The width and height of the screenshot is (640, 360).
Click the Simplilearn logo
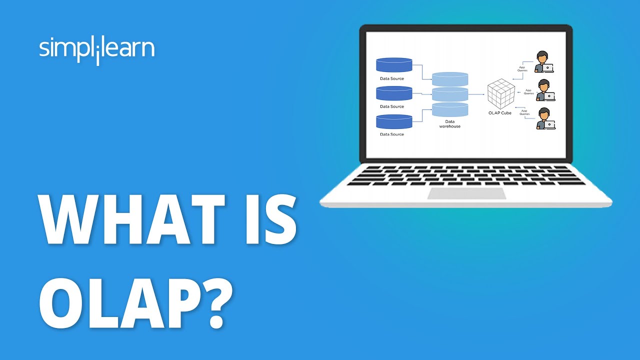coord(96,50)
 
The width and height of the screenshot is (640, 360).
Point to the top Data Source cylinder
coord(394,64)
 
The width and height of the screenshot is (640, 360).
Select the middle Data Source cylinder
coord(394,93)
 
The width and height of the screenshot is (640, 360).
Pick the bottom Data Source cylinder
coord(394,121)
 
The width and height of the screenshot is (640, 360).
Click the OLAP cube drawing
coord(501,94)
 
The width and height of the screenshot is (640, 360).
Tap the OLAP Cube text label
coord(499,113)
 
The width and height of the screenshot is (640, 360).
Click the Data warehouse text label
coord(450,124)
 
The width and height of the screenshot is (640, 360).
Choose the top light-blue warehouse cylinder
coord(450,78)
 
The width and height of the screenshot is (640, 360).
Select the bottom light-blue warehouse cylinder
coord(450,109)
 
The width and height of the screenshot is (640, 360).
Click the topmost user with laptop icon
coord(543,62)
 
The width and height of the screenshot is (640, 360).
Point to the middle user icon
coord(544,90)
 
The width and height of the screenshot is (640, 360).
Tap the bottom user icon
coord(544,119)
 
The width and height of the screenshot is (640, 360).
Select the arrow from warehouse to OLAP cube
coord(478,94)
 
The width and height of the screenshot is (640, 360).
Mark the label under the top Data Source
coord(392,78)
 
